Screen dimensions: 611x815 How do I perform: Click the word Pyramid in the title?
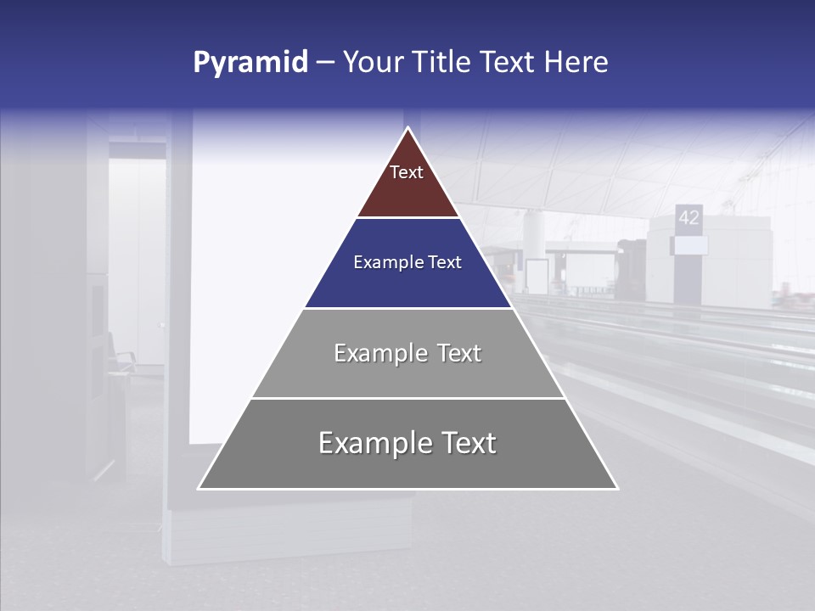point(250,63)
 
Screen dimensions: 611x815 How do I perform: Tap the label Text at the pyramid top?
point(407,172)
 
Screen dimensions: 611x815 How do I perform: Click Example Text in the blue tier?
point(407,262)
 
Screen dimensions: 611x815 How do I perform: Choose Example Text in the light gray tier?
point(407,353)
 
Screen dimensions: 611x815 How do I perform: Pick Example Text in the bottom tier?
point(407,443)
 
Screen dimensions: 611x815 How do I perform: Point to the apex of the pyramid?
point(408,129)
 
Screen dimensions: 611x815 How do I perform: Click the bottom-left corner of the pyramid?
point(200,488)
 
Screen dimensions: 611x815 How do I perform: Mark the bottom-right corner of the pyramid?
point(616,488)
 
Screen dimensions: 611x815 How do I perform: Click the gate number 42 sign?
point(689,217)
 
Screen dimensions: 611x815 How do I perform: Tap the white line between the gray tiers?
point(407,398)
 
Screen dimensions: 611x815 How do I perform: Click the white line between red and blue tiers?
point(407,218)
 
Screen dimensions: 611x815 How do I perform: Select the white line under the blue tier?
point(407,308)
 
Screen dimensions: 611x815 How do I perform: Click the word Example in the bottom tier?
point(366,443)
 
